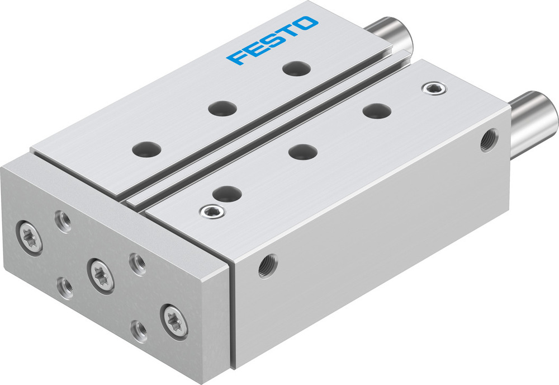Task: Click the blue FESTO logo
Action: coord(272,40)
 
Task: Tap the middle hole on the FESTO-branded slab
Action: coord(222,108)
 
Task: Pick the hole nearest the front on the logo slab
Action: coord(147,149)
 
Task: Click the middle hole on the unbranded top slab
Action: coord(304,151)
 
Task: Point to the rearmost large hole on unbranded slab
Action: coord(376,111)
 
